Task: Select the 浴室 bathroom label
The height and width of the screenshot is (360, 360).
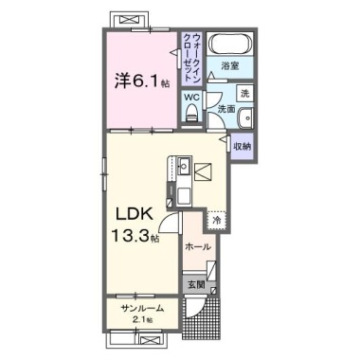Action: [230, 66]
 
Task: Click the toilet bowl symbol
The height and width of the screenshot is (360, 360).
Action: [190, 115]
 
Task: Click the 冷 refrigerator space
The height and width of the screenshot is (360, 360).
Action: [216, 220]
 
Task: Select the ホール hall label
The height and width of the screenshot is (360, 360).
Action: [198, 246]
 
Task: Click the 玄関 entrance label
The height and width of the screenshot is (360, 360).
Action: [194, 284]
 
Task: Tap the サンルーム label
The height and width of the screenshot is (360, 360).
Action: [140, 310]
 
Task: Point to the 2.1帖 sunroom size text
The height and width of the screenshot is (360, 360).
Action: [142, 321]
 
